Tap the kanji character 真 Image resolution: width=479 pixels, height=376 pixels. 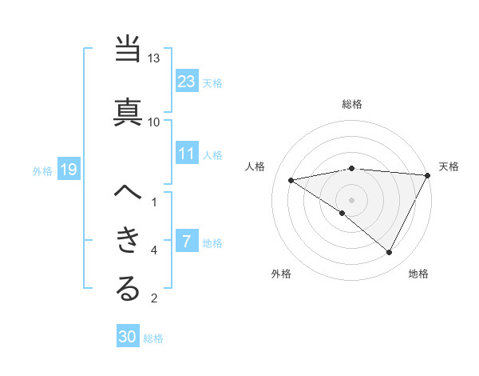[129, 110]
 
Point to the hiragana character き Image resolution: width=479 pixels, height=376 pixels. [129, 239]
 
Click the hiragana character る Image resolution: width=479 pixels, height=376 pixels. [129, 289]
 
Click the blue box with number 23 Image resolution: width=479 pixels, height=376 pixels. [187, 82]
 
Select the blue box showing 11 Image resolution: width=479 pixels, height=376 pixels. [187, 154]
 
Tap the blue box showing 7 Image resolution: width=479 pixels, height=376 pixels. [187, 242]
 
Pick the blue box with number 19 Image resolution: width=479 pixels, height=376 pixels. [68, 170]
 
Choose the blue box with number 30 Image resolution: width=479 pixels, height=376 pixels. [128, 337]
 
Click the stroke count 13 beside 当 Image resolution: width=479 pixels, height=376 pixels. [154, 59]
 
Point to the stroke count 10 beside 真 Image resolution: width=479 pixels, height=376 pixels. [154, 122]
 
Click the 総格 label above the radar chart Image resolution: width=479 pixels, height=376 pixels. [352, 104]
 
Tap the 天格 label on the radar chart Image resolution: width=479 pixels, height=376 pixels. [449, 166]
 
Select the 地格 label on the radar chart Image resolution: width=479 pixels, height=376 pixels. [418, 274]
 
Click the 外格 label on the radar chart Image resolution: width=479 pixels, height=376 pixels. [281, 274]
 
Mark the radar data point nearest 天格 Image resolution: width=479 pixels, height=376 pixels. [429, 174]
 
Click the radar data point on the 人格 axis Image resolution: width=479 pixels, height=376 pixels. [291, 180]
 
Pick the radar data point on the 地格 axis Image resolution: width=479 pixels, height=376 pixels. [390, 252]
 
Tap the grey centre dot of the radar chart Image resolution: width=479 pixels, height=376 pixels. [351, 198]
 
